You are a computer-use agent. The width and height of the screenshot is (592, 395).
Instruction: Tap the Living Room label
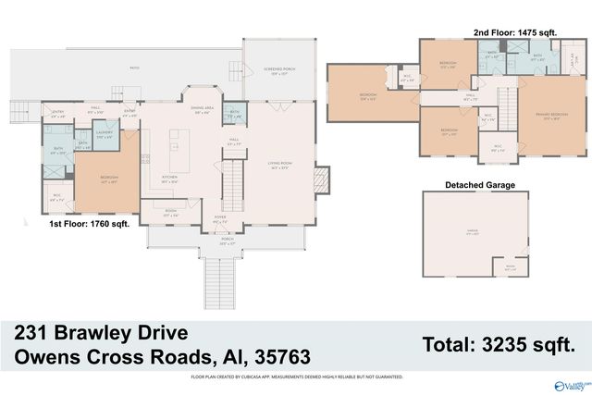click(x=280, y=166)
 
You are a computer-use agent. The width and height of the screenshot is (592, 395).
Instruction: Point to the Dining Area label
click(x=203, y=110)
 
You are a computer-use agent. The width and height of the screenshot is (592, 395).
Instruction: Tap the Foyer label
click(x=219, y=222)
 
